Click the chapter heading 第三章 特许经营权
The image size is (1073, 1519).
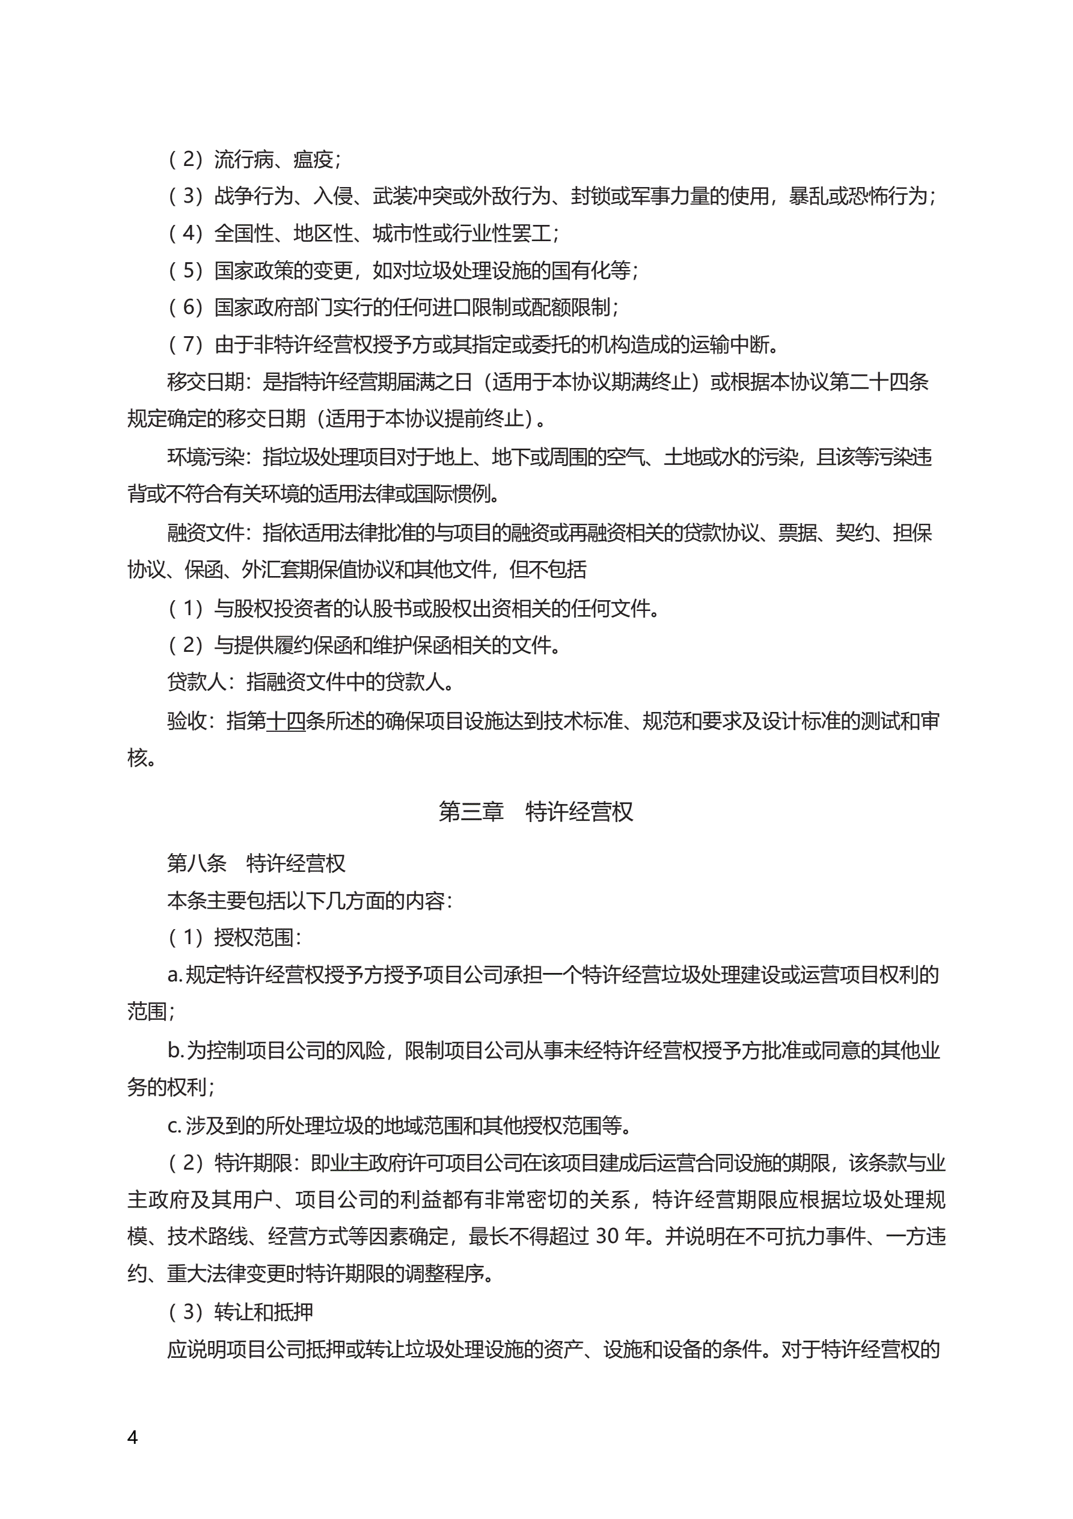(x=536, y=811)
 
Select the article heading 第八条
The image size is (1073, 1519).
(x=197, y=863)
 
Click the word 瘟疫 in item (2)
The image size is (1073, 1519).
(x=314, y=159)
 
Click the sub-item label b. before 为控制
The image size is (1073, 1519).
(x=175, y=1050)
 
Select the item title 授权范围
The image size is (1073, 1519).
(x=254, y=937)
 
